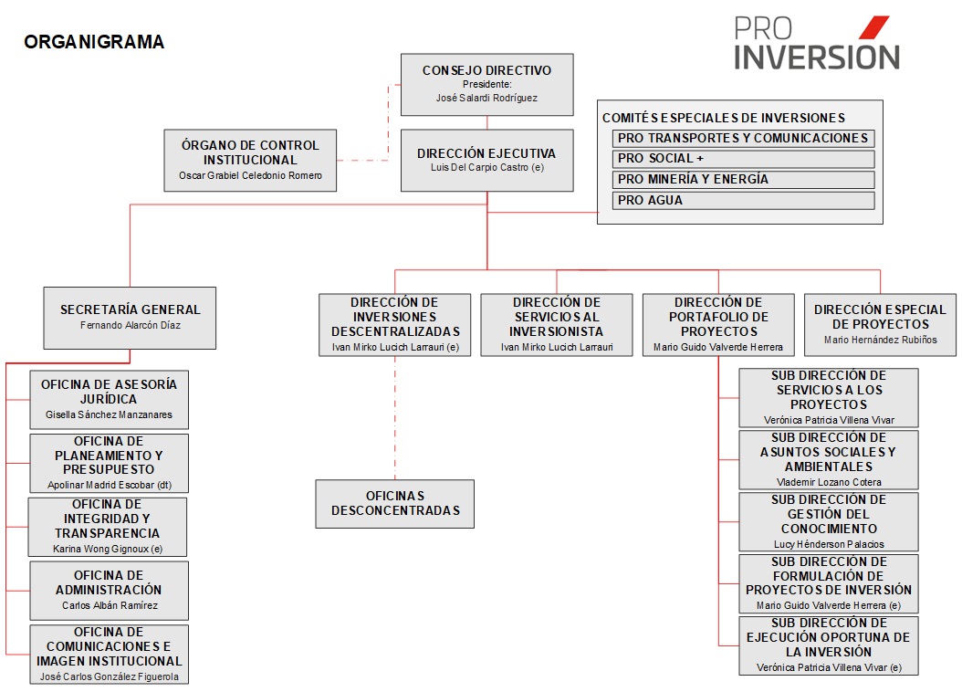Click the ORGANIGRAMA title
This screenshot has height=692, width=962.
pyautogui.click(x=94, y=42)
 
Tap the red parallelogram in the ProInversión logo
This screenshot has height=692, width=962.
pyautogui.click(x=873, y=27)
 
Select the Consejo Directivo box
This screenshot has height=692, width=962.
pyautogui.click(x=487, y=85)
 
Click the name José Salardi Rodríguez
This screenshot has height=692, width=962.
pyautogui.click(x=486, y=99)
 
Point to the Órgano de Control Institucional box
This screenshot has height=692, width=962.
pyautogui.click(x=250, y=160)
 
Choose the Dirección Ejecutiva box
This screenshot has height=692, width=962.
pyautogui.click(x=487, y=160)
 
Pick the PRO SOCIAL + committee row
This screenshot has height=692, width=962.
pyautogui.click(x=744, y=159)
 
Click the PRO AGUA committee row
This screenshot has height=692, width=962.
pyautogui.click(x=744, y=201)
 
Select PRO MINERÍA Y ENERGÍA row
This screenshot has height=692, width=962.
pyautogui.click(x=744, y=180)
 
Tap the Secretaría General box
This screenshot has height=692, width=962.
pyautogui.click(x=131, y=318)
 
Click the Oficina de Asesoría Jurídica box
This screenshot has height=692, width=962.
pyautogui.click(x=110, y=399)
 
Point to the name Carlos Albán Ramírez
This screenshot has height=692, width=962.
pyautogui.click(x=110, y=605)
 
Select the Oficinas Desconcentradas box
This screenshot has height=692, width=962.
pyautogui.click(x=395, y=504)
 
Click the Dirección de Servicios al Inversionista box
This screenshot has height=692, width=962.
pyautogui.click(x=557, y=325)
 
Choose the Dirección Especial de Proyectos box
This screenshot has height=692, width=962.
pyautogui.click(x=881, y=325)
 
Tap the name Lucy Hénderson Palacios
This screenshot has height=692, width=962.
pyautogui.click(x=829, y=544)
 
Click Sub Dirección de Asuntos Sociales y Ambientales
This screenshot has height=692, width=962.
pyautogui.click(x=829, y=459)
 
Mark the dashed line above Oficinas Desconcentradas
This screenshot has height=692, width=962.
pyautogui.click(x=395, y=418)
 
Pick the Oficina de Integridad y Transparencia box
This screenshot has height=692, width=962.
pyautogui.click(x=108, y=527)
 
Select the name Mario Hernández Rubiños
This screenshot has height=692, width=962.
pyautogui.click(x=881, y=340)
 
